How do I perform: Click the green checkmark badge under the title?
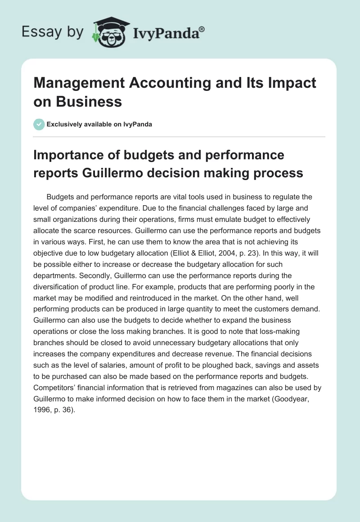pyautogui.click(x=39, y=124)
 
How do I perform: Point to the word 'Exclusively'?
pyautogui.click(x=65, y=124)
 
